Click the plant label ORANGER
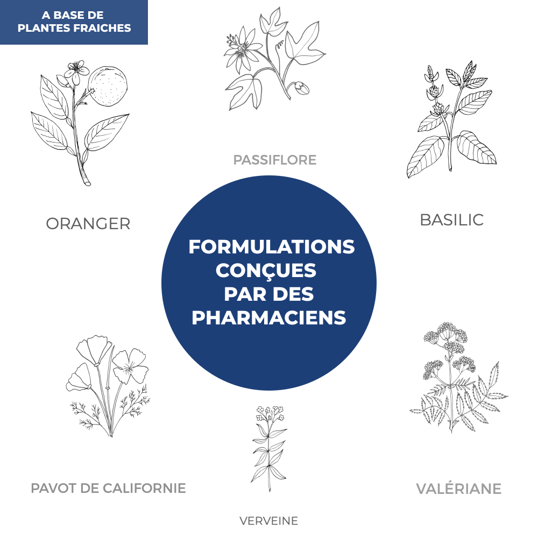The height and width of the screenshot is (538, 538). coord(88,224)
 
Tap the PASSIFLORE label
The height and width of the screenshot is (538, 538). coord(275,160)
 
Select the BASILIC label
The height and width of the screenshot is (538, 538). coord(452,220)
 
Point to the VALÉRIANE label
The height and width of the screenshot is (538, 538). coord(459,489)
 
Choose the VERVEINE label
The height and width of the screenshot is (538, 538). coord(268,521)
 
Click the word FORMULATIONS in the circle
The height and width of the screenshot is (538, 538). coord(271,247)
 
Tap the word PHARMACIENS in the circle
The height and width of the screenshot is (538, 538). coord(268,317)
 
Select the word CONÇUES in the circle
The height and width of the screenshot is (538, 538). coord(266,271)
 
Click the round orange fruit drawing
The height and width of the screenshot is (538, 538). coord(108,86)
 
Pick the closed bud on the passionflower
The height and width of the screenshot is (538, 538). coord(300,88)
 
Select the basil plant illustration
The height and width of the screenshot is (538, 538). coord(452,119)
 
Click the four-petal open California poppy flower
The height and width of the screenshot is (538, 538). coord(130,366)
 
